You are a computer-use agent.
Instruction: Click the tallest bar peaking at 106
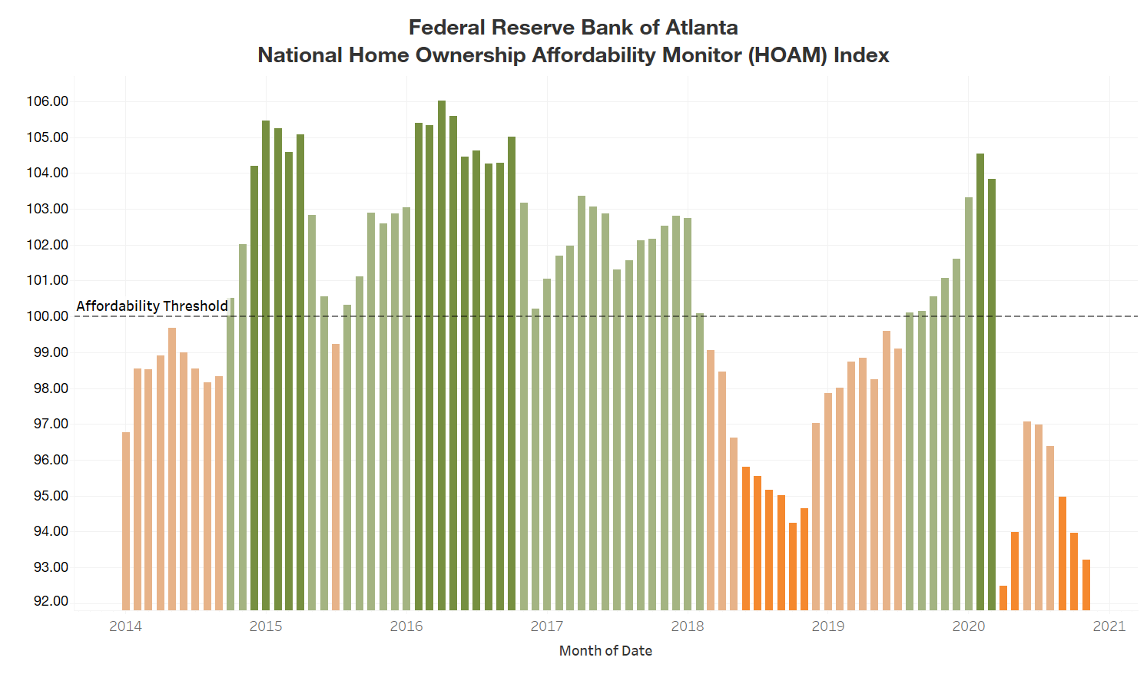442,353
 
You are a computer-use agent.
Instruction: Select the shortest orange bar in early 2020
1003,597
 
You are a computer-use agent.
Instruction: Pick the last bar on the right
1086,584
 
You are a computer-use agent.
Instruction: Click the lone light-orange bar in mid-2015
336,476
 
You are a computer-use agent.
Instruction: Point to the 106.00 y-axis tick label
48,101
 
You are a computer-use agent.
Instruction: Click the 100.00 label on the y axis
48,316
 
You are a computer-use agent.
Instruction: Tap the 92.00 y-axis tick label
51,601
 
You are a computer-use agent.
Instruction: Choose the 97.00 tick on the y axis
48,424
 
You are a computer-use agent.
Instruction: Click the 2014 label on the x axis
125,626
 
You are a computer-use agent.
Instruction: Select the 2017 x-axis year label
547,626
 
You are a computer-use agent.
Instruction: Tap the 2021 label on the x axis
1109,626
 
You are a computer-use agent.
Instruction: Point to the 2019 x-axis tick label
828,626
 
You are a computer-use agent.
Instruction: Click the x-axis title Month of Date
605,651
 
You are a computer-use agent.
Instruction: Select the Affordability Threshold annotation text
152,306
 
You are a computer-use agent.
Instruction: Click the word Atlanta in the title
701,28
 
